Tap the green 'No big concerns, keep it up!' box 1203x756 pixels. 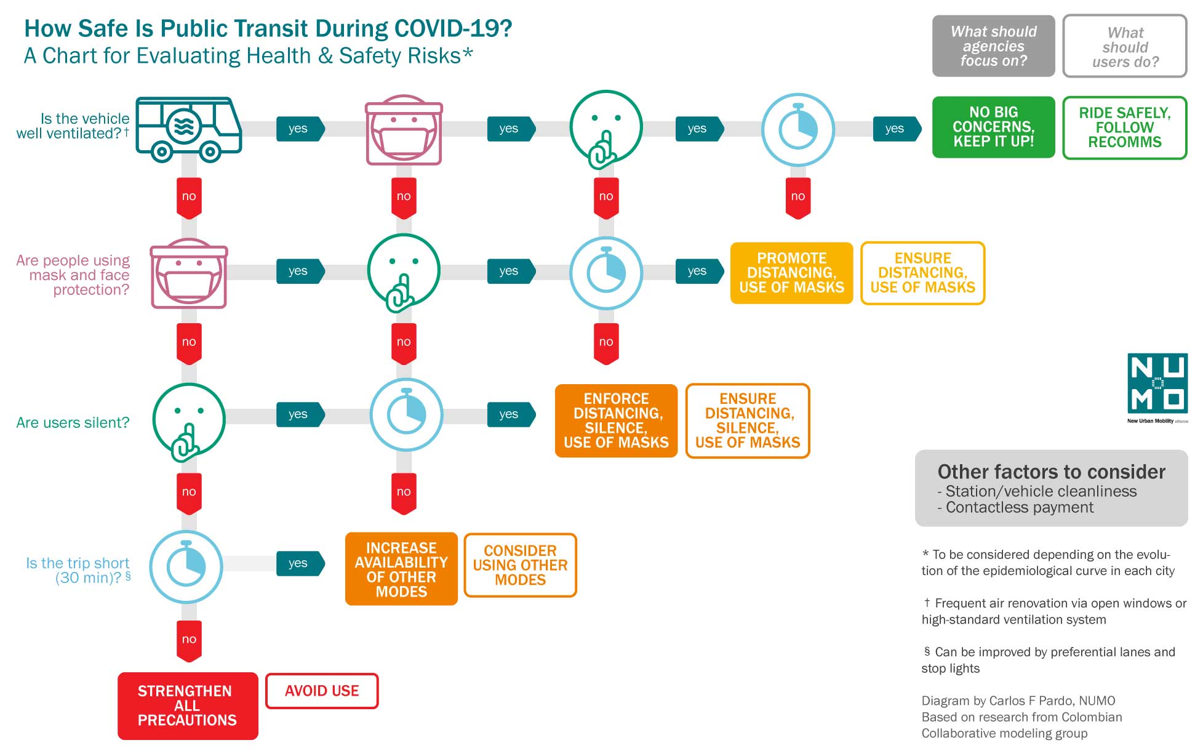pos(993,127)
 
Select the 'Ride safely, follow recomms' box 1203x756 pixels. pos(1124,127)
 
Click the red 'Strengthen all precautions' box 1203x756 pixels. pos(187,706)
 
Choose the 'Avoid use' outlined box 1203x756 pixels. pos(321,691)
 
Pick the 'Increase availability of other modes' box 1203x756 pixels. pos(401,569)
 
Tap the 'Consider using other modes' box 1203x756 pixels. pos(520,565)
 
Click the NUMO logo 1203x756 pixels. pos(1157,384)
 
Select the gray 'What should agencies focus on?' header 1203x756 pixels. pos(993,46)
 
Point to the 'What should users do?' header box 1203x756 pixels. pos(1124,47)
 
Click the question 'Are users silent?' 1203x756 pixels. pos(73,423)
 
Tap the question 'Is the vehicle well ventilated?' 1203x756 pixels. pos(73,126)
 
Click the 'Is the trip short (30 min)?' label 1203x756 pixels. pos(78,570)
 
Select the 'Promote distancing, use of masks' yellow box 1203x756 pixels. pos(791,273)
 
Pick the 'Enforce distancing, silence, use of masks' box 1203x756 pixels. pos(615,420)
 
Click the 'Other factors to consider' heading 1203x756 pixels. pos(1050,472)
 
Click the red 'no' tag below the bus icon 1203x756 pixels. pos(189,197)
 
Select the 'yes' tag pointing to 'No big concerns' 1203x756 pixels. pos(895,129)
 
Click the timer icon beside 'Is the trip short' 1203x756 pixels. pos(186,566)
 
